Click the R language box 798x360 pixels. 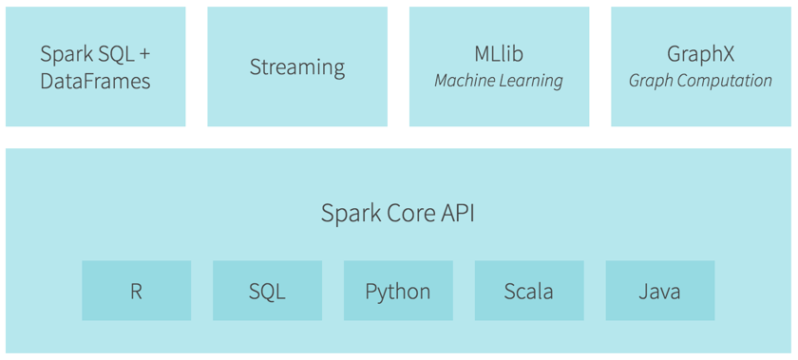pos(136,291)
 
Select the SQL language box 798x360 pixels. pos(267,291)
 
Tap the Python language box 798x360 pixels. pos(398,291)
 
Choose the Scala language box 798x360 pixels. pos(528,291)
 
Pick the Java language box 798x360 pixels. pos(659,291)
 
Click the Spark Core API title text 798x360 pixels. pos(397,213)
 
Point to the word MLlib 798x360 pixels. pos(499,54)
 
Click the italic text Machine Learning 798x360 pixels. pos(499,81)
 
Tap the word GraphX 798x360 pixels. pos(700,54)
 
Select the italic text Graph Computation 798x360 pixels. pos(700,81)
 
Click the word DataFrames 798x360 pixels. pos(95,82)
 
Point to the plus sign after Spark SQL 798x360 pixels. pos(144,54)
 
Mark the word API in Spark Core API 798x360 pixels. pos(455,213)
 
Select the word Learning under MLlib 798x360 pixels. pos(532,81)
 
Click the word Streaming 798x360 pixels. pos(296,67)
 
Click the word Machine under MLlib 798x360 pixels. pos(465,81)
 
